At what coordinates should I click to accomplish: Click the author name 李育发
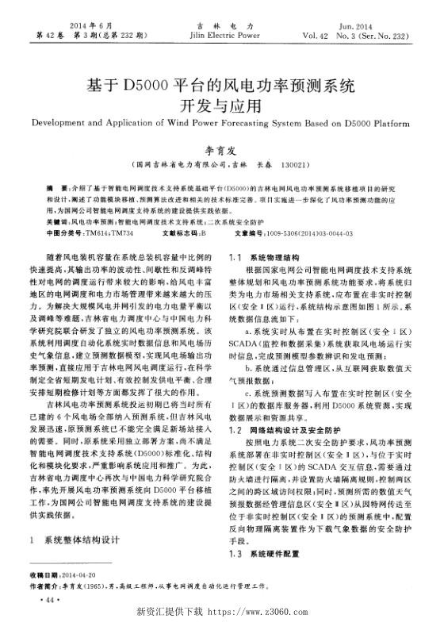221,148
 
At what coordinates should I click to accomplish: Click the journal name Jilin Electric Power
223,36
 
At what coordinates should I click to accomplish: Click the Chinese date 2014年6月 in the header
76,25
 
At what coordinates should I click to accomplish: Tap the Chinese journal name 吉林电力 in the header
223,25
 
